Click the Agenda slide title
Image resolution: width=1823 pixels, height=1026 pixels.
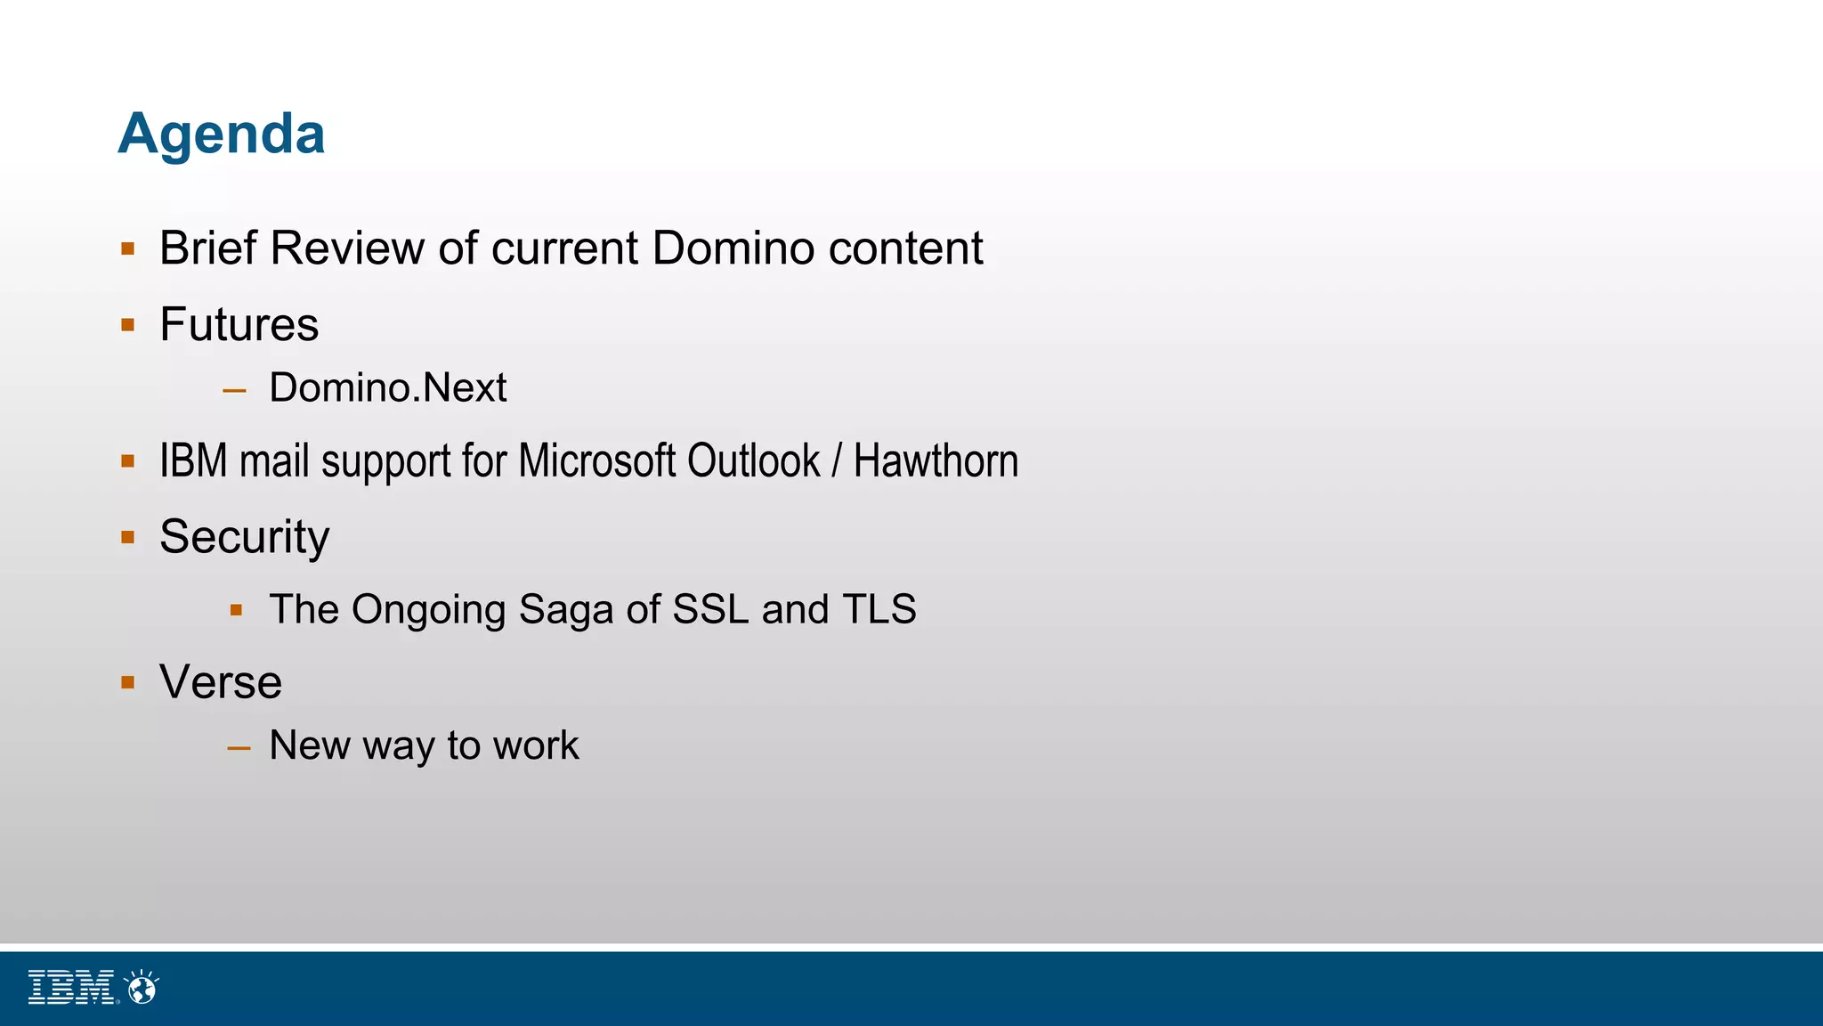tap(222, 134)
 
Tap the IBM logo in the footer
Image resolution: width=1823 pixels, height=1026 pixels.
tap(71, 988)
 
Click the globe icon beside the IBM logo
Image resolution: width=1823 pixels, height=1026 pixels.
tap(142, 988)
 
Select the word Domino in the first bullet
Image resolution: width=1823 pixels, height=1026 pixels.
tap(734, 248)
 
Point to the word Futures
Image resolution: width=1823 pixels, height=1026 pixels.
tap(239, 324)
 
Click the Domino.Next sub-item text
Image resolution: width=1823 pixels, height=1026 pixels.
tap(387, 387)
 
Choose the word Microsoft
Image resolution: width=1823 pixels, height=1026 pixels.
tap(597, 461)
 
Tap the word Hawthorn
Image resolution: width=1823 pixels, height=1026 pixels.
tap(936, 461)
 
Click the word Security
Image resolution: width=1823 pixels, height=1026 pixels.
tap(244, 537)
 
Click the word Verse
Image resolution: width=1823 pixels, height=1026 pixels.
tap(221, 683)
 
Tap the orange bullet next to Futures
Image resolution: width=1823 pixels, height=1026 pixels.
tap(128, 325)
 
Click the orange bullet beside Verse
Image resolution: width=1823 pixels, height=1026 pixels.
tap(128, 683)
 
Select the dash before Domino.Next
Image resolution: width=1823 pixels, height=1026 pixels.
tap(235, 390)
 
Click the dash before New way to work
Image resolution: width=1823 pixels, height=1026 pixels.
tap(239, 748)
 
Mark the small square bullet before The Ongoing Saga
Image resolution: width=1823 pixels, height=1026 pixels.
tap(236, 611)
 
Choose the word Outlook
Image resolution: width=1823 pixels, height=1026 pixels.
tap(753, 461)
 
